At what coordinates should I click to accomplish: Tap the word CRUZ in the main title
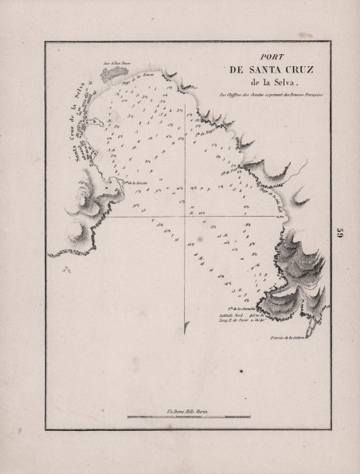[x=282, y=71]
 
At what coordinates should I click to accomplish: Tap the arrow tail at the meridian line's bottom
[x=186, y=326]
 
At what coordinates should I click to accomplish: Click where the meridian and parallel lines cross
[x=186, y=217]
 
